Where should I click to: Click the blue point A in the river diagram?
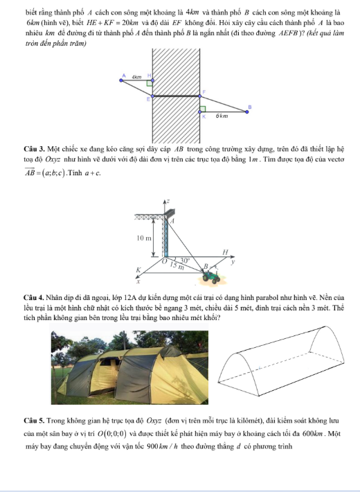point(121,80)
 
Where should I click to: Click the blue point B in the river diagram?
point(246,112)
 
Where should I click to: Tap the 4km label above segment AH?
point(136,76)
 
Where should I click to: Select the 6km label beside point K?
point(222,116)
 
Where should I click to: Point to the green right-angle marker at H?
point(150,83)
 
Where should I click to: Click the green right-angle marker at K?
point(203,109)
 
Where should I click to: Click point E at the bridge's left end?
point(153,96)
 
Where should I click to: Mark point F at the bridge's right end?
point(200,96)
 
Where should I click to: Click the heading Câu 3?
point(35,148)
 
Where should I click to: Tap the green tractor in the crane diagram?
point(211,276)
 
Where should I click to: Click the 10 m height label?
point(144,238)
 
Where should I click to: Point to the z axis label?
point(168,201)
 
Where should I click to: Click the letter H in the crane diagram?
point(225,252)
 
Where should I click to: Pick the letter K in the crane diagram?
point(138,270)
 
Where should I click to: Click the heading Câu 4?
point(35,297)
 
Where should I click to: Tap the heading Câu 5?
point(35,421)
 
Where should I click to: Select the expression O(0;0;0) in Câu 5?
point(112,434)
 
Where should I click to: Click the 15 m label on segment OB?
point(177,266)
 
